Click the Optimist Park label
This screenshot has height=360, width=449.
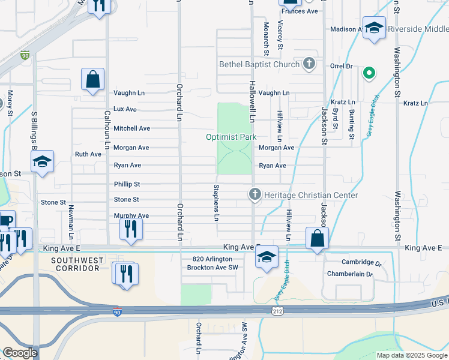click(x=231, y=137)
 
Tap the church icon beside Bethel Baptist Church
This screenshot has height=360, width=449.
click(x=309, y=64)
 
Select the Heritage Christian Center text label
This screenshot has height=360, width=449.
click(x=312, y=195)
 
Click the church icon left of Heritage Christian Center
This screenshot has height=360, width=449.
click(x=255, y=194)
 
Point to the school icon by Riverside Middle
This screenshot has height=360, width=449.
click(x=374, y=28)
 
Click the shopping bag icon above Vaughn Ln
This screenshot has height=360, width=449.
click(x=93, y=79)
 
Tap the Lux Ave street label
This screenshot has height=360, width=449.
click(x=125, y=109)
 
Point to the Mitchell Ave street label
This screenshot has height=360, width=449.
click(x=131, y=128)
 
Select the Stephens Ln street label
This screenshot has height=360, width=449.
click(x=215, y=202)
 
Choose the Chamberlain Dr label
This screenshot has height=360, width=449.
click(x=350, y=274)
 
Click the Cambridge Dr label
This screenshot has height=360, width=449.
click(x=362, y=262)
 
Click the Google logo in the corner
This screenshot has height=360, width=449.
click(x=20, y=353)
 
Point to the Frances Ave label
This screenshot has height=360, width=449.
click(x=299, y=11)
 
